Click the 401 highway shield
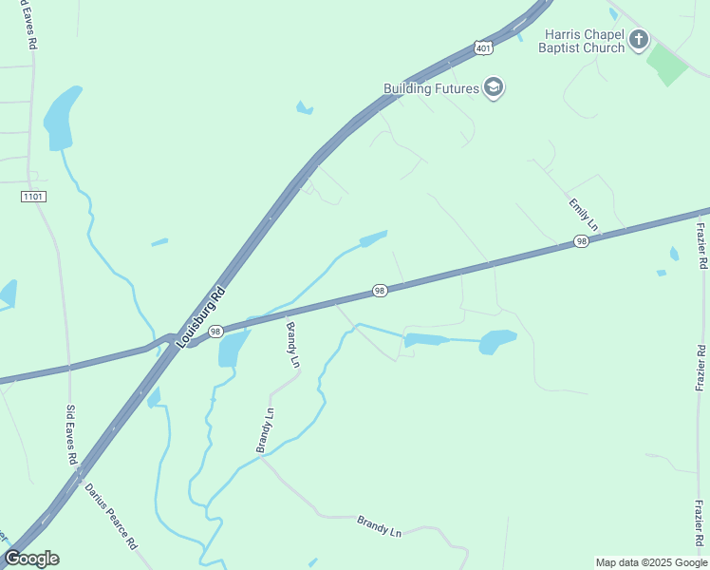484,47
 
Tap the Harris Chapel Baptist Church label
583,41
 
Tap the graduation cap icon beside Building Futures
493,88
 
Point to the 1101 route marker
32,196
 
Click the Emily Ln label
583,215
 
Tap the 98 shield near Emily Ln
582,243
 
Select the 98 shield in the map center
379,291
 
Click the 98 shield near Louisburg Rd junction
215,332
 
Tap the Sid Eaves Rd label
71,434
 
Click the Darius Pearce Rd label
112,517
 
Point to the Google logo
31,559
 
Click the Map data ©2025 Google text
651,562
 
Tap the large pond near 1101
59,118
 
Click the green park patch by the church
666,63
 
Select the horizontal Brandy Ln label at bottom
380,525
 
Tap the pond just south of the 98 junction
231,350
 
